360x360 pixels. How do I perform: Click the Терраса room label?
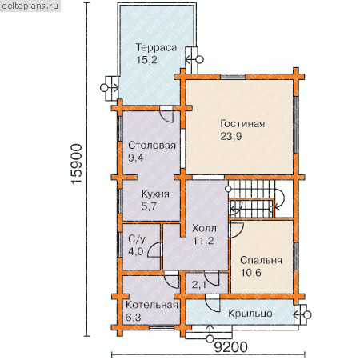coord(156,47)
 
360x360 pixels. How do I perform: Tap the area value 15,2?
coord(146,60)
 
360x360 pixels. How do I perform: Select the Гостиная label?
coord(242,124)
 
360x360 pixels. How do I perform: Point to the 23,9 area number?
coord(231,136)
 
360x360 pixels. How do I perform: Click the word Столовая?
coord(152,146)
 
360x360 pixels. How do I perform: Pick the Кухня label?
coord(155,194)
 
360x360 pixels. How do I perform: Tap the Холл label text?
coord(204,228)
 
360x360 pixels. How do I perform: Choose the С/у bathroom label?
coord(137,239)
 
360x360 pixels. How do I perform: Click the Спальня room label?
coord(261,260)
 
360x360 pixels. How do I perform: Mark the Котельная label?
coord(152,305)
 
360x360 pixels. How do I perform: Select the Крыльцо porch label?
coord(250,314)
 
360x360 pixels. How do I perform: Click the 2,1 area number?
coord(199,286)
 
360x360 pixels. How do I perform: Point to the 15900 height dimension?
coord(77,164)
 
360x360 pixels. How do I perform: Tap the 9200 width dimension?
coord(231,347)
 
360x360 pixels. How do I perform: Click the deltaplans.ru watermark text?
coord(30,6)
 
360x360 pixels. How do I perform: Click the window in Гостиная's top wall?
coord(233,77)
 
